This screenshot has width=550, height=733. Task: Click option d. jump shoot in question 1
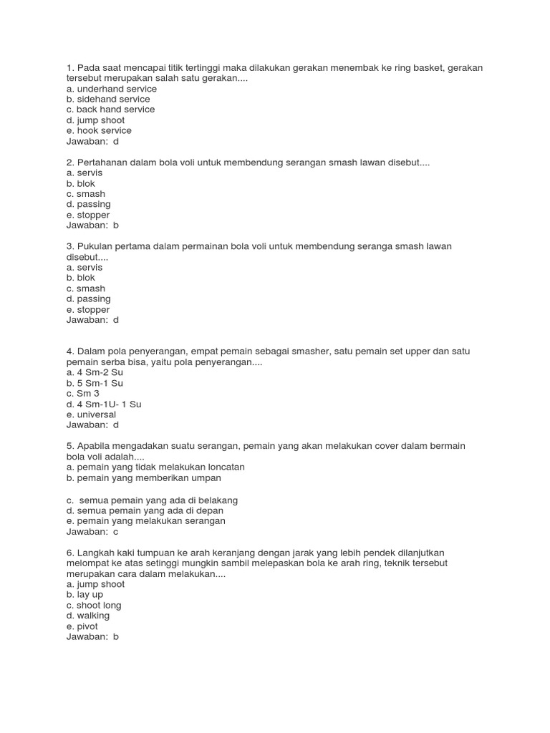click(x=95, y=120)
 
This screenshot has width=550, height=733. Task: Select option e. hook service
click(x=99, y=131)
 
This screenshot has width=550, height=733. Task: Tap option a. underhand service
click(x=111, y=89)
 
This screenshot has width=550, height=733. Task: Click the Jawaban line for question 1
click(x=92, y=142)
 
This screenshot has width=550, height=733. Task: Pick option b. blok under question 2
click(x=80, y=183)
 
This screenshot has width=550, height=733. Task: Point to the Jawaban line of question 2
click(x=92, y=225)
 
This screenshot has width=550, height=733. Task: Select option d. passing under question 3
click(x=88, y=298)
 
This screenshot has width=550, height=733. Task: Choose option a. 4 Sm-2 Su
click(x=94, y=372)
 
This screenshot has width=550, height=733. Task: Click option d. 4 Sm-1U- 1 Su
click(x=104, y=404)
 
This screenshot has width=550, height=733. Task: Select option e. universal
click(x=91, y=414)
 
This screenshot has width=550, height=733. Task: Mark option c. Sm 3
click(x=82, y=393)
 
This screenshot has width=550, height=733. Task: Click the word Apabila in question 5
click(x=94, y=446)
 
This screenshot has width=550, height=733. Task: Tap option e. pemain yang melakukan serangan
click(x=145, y=521)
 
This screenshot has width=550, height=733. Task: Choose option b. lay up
click(x=85, y=595)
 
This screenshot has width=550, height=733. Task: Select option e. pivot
click(x=82, y=626)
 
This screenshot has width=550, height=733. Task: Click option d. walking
click(x=87, y=616)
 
